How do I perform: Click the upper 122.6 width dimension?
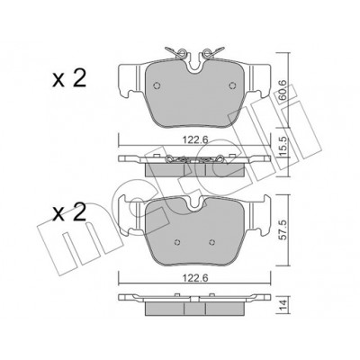click(x=195, y=139)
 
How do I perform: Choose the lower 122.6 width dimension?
click(x=195, y=278)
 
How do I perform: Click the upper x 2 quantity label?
click(x=69, y=78)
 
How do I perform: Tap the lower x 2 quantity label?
click(x=69, y=212)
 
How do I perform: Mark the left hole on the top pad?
click(x=157, y=85)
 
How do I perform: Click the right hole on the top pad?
click(x=232, y=85)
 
